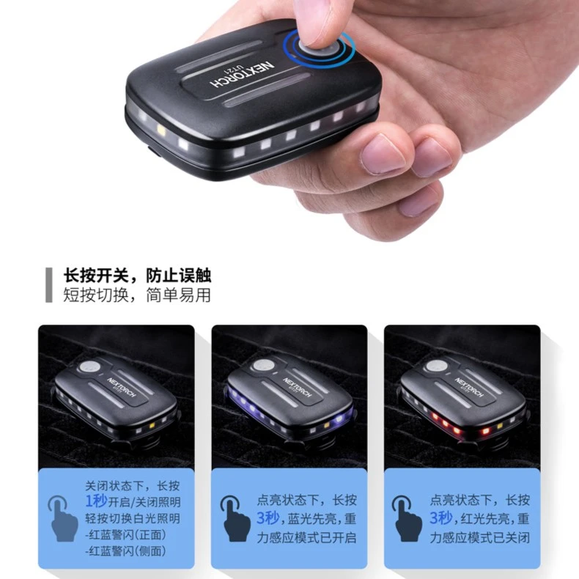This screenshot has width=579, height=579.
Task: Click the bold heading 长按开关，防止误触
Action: pyautogui.click(x=138, y=276)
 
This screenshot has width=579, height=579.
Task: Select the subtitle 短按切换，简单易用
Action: pyautogui.click(x=138, y=295)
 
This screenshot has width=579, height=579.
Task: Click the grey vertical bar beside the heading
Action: pyautogui.click(x=48, y=285)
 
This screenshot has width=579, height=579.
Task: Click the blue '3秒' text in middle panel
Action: pyautogui.click(x=269, y=518)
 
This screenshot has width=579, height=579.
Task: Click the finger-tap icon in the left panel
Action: pyautogui.click(x=63, y=518)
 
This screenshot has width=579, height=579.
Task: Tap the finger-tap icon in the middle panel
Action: pyautogui.click(x=235, y=518)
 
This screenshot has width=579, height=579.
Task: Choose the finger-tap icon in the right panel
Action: pyautogui.click(x=407, y=518)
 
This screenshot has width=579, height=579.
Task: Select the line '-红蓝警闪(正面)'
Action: pyautogui.click(x=125, y=535)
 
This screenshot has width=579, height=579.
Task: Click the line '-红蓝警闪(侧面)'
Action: pyautogui.click(x=125, y=551)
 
